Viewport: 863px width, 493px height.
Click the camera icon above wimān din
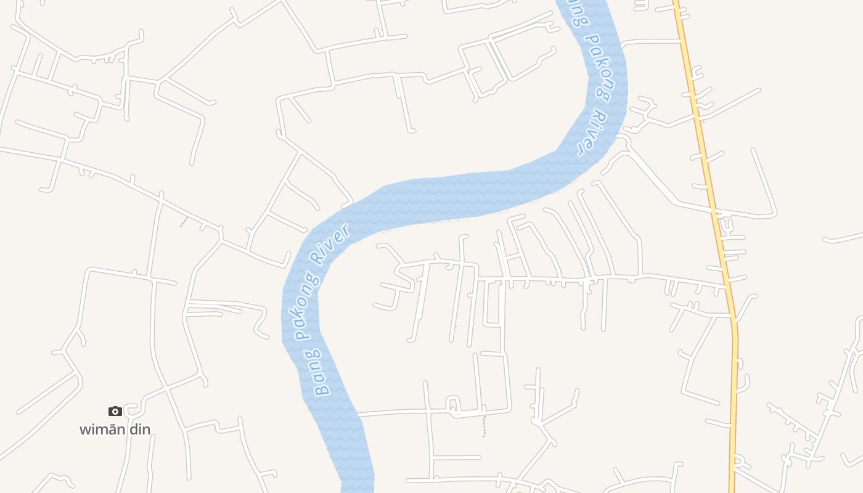115,411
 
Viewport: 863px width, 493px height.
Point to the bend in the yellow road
734,320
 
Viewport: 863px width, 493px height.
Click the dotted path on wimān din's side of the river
184,222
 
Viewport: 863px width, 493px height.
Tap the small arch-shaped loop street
453,403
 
